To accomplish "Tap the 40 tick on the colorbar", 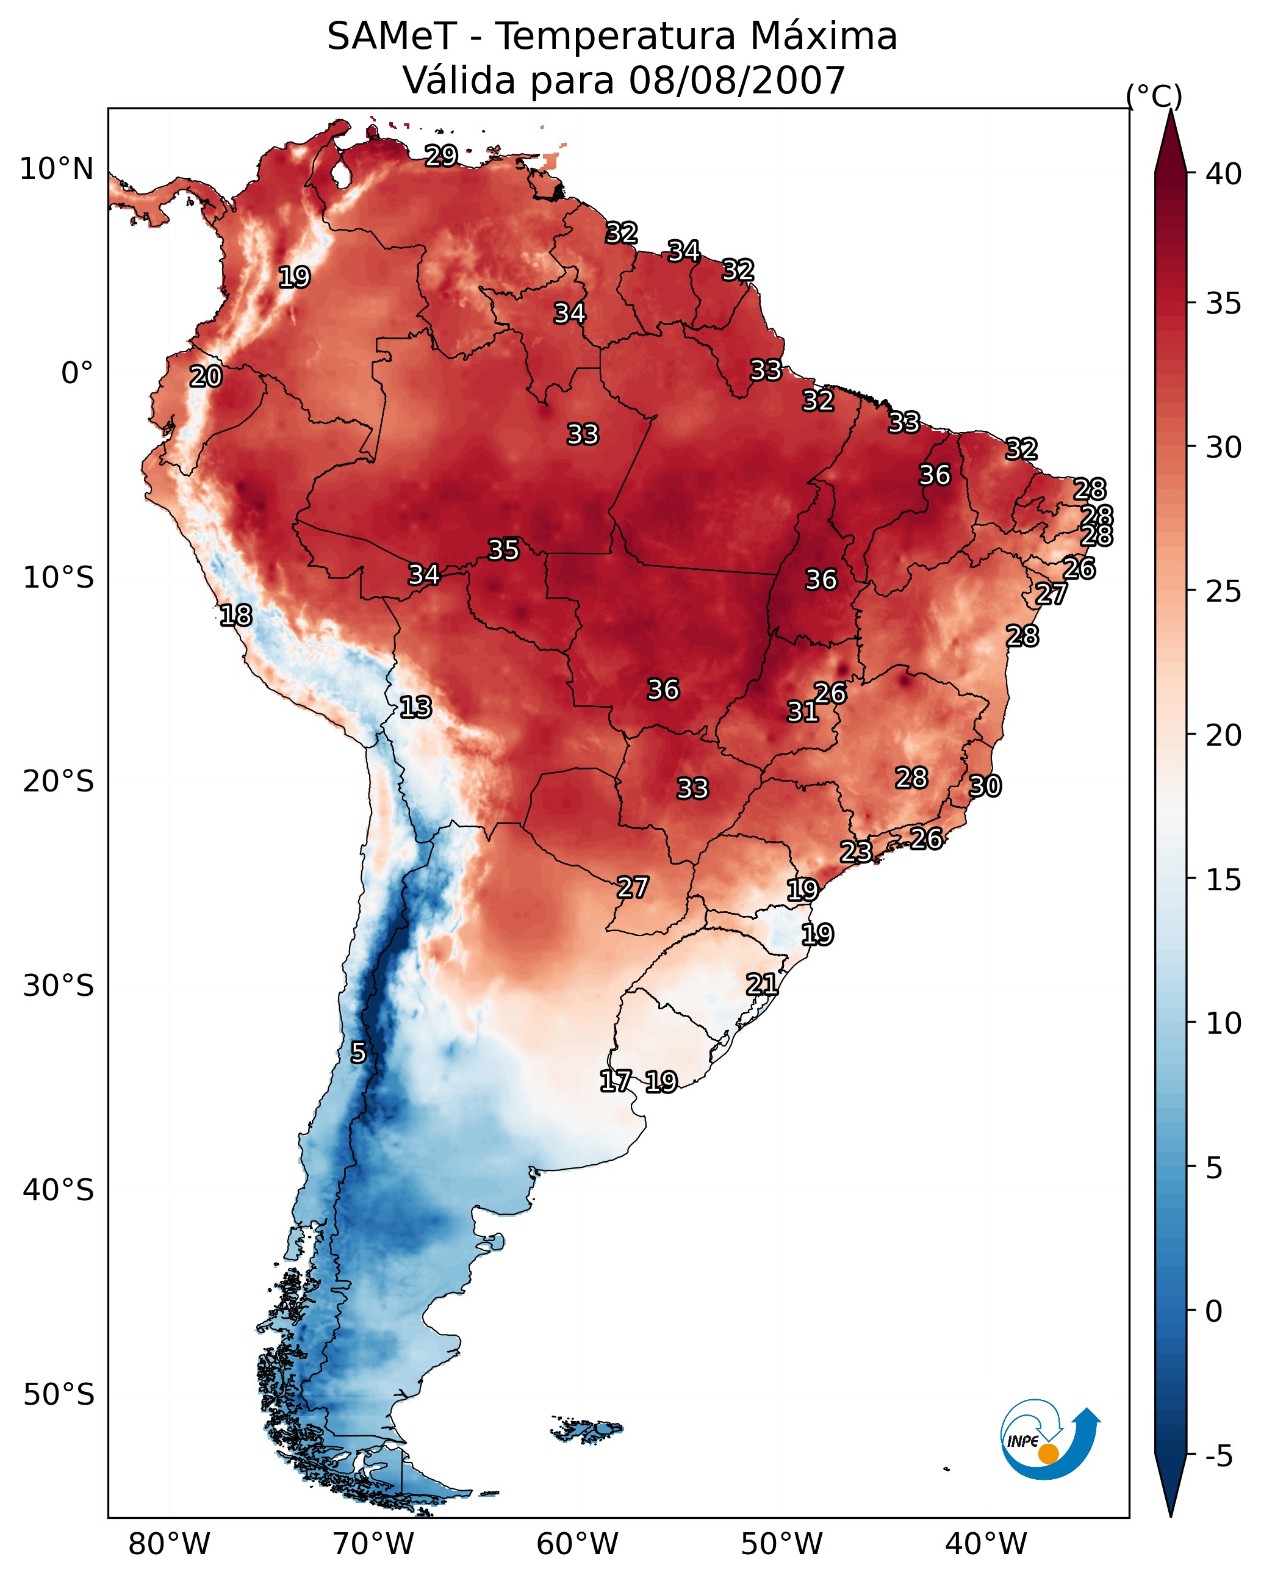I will coord(1224,174).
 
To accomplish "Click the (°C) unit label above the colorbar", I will coord(1154,96).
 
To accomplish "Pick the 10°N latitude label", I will coord(56,169).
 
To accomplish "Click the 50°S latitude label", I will coord(59,1395).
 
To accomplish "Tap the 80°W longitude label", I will coord(169,1544).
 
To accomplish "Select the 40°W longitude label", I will coord(986,1544).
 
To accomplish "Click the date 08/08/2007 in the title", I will coord(736,81).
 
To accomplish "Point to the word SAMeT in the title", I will coord(392,37).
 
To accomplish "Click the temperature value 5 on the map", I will coord(358,1053).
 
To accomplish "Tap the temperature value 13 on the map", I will coord(415,707).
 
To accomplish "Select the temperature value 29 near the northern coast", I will coord(441,155).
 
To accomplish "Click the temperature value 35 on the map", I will coord(503,550).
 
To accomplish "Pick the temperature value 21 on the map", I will coord(762,984).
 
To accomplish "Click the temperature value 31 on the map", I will coord(802,712).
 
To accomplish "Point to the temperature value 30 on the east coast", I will coord(985,786).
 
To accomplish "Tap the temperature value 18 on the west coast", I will coord(235,616).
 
